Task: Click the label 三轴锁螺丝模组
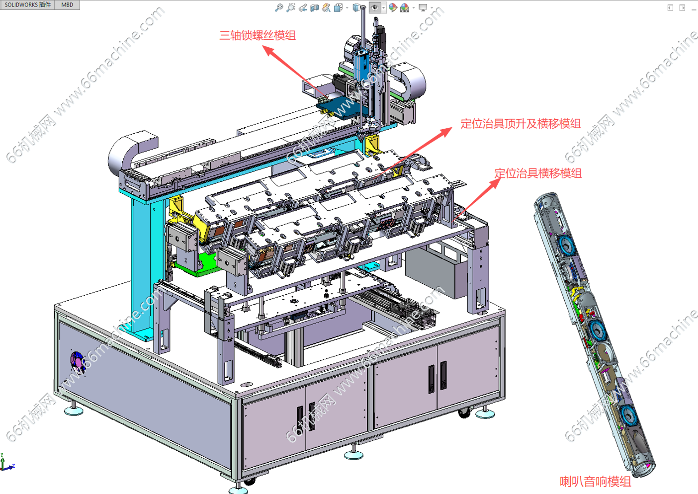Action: tap(258, 35)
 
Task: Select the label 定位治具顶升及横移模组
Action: tap(521, 124)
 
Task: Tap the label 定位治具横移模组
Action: tap(538, 173)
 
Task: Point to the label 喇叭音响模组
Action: tap(596, 481)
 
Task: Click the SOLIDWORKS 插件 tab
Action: tap(27, 4)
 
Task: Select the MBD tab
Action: tap(67, 4)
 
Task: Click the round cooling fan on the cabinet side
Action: tap(78, 362)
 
